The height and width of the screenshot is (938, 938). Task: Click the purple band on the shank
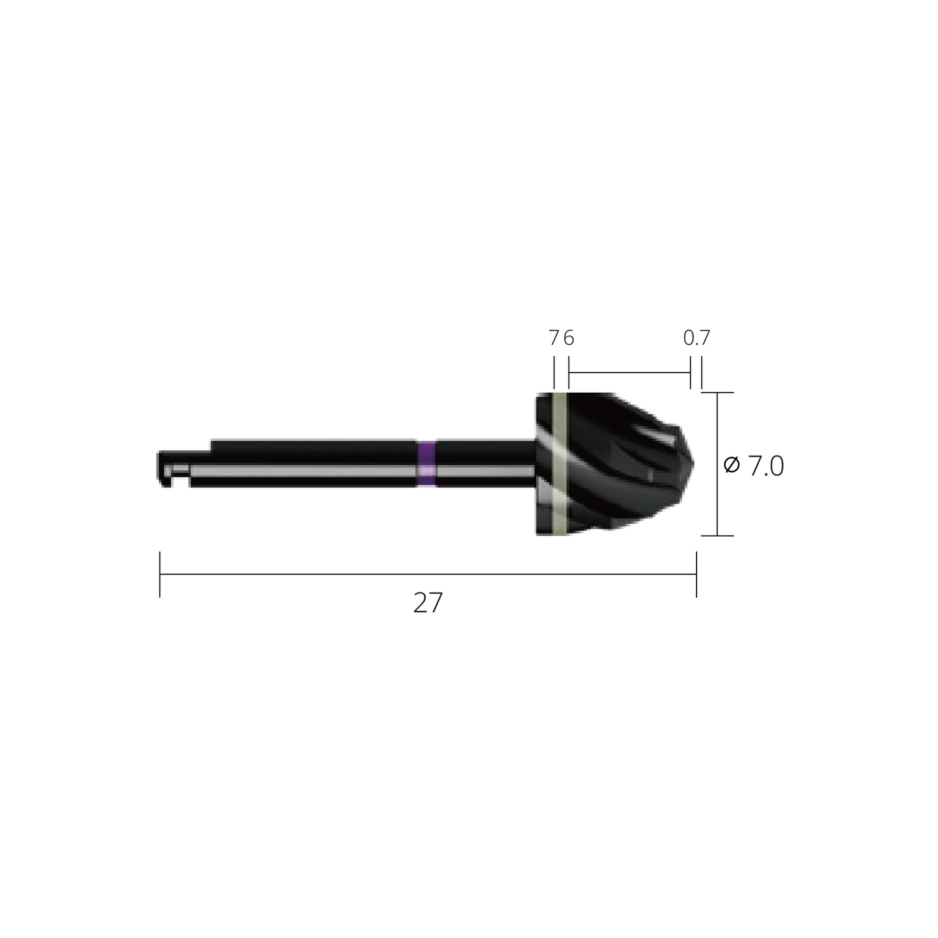426,463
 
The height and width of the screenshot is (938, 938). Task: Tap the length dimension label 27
428,603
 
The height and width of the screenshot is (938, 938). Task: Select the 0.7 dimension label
697,338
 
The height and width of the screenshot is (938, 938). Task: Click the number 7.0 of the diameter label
766,466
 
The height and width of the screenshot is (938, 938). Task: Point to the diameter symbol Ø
732,465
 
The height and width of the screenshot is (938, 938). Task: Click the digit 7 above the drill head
554,338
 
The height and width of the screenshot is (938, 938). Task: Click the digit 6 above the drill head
569,338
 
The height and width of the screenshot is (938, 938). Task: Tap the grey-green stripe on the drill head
558,463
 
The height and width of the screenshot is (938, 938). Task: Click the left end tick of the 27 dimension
160,574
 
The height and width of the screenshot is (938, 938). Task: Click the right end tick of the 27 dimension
697,574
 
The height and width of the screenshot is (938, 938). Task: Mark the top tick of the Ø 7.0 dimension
717,393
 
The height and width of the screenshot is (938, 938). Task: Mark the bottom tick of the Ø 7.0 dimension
717,536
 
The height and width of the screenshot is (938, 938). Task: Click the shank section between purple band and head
484,463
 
